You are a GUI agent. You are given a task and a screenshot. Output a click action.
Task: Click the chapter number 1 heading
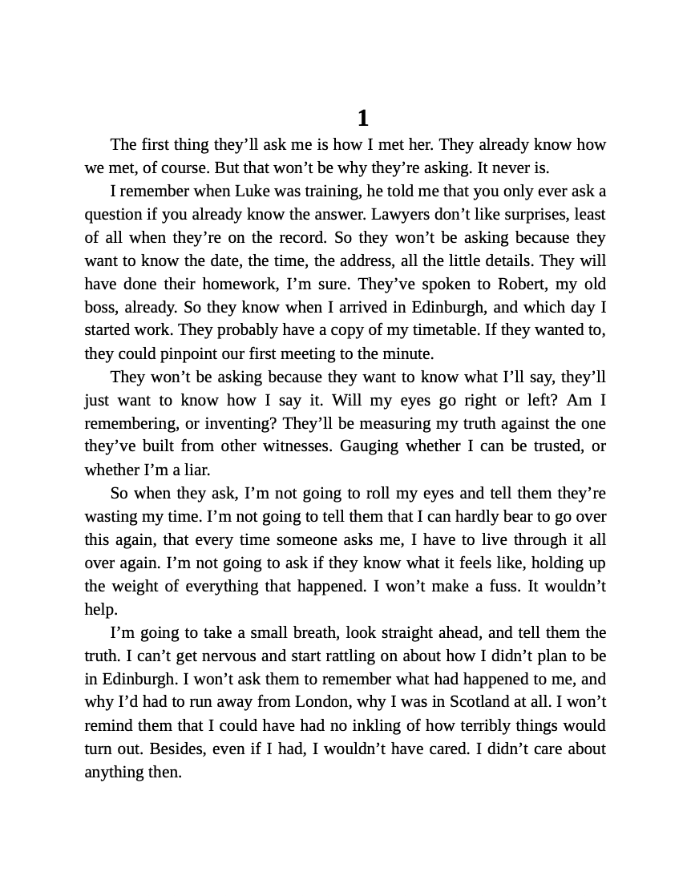(x=362, y=119)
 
